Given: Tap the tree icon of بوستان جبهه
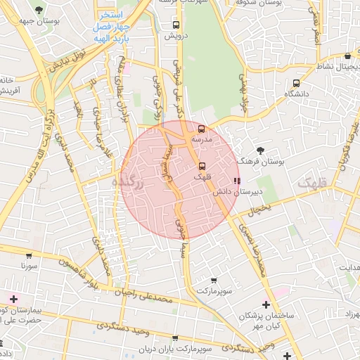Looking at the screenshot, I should coord(37,9).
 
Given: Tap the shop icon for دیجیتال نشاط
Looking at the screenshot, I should coord(347,56).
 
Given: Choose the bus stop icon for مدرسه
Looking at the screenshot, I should coord(202,129).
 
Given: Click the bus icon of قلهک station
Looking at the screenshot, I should coord(202,166).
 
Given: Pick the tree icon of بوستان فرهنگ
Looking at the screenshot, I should coord(261,150).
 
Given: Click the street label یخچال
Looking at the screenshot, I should coord(259,210).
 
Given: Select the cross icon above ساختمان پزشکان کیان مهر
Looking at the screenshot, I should coord(266,304).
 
